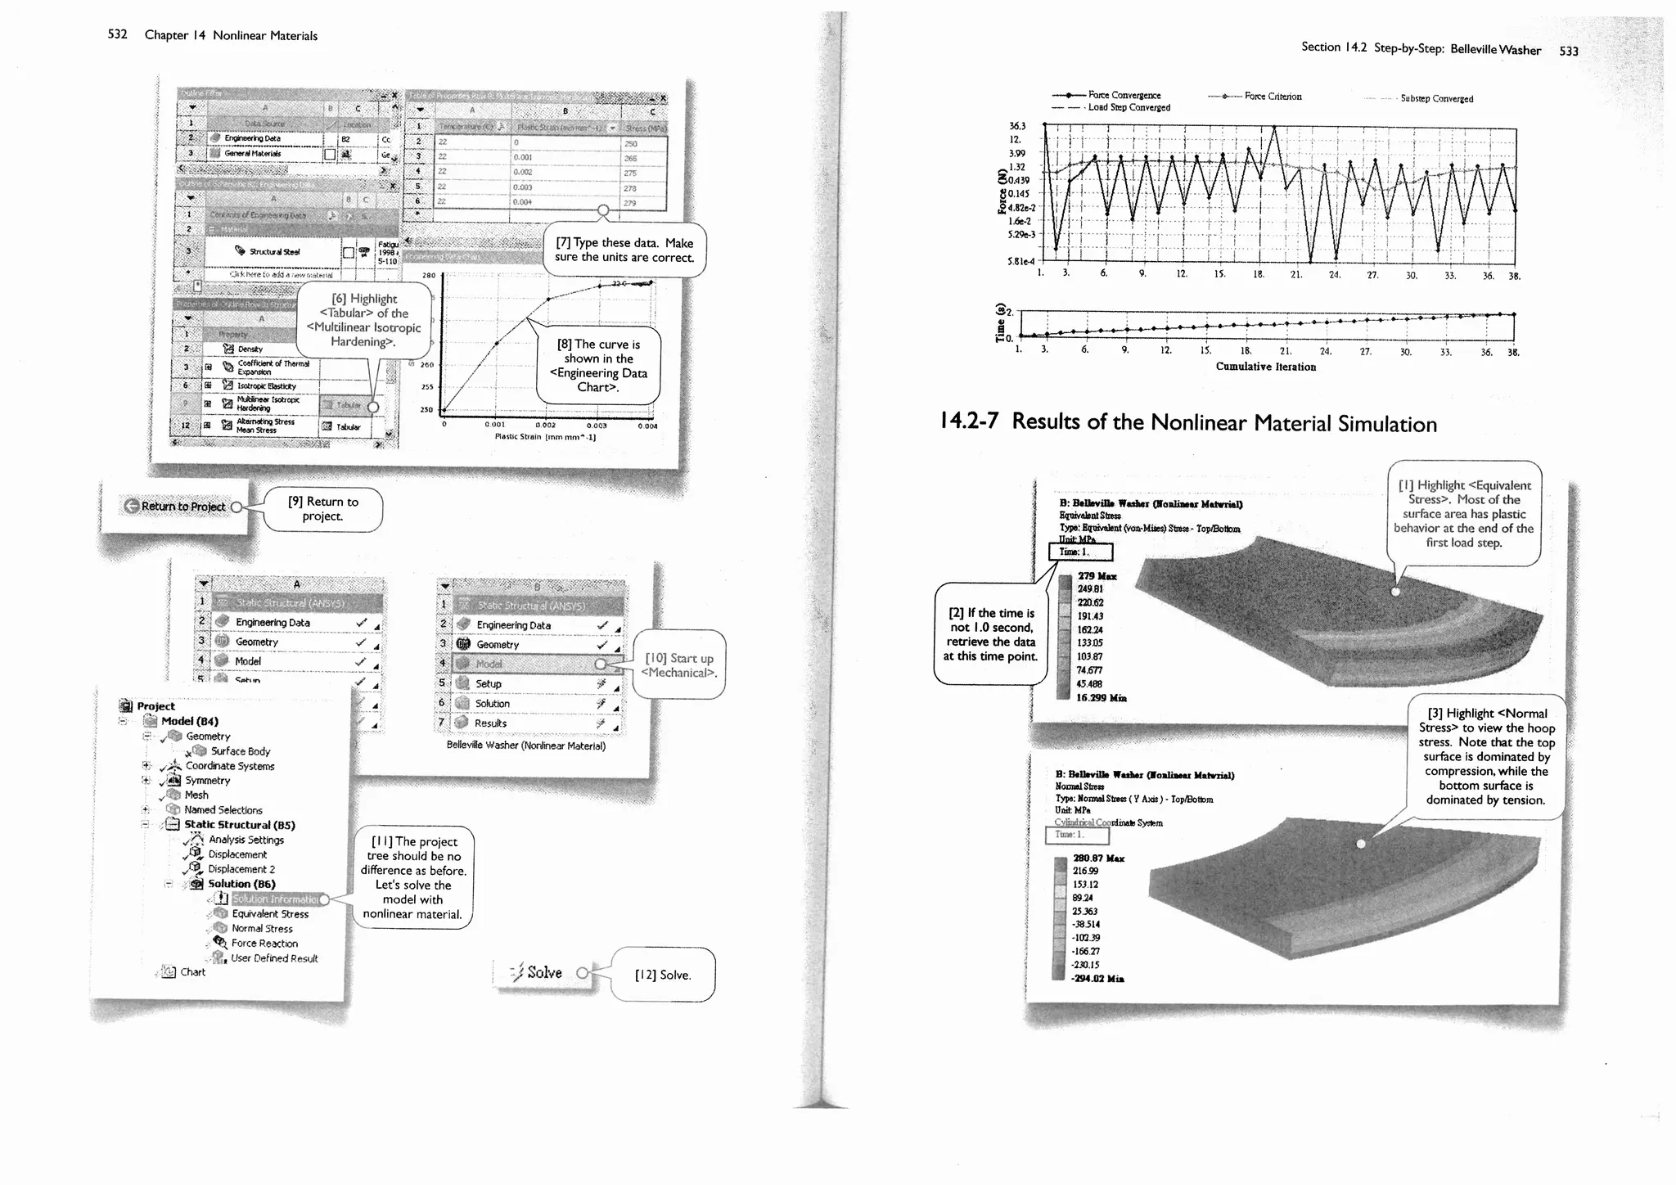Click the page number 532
click(x=117, y=34)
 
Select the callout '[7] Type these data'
click(x=624, y=250)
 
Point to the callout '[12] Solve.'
click(x=663, y=975)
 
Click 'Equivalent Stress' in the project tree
click(x=270, y=914)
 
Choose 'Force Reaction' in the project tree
click(x=264, y=944)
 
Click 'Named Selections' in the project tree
click(x=223, y=810)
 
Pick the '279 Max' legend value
click(x=1097, y=576)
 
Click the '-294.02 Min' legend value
click(x=1097, y=979)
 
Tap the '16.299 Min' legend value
click(x=1101, y=698)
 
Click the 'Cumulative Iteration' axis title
click(x=1265, y=367)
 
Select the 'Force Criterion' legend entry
click(x=1273, y=97)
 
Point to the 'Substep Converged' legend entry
click(x=1436, y=99)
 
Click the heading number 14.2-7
click(x=969, y=421)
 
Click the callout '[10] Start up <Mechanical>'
click(x=678, y=665)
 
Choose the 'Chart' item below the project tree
click(x=193, y=972)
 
